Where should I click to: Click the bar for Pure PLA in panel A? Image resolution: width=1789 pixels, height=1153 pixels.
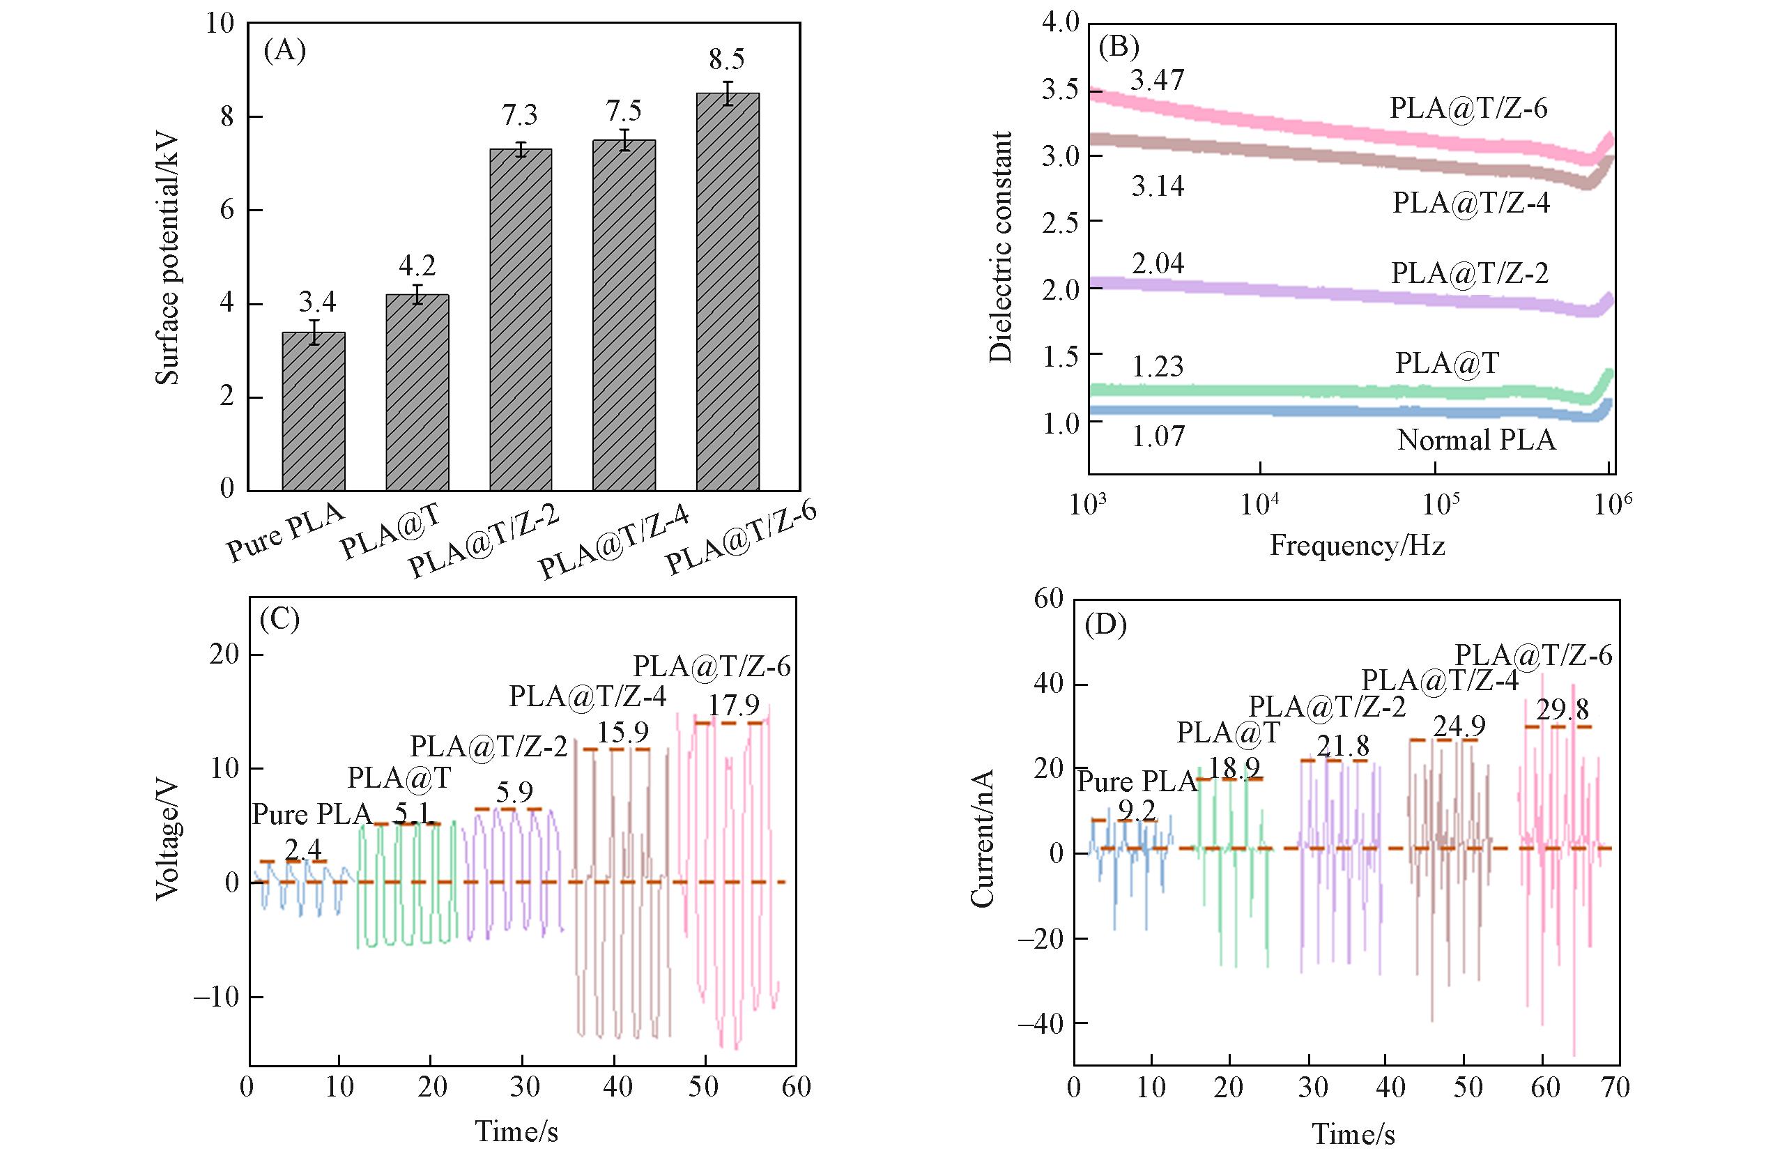pos(314,411)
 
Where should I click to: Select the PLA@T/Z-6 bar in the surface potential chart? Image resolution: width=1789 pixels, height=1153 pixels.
pos(728,292)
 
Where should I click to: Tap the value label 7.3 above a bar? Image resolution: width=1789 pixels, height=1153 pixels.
pos(519,115)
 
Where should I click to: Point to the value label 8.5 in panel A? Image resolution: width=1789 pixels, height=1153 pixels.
pos(726,59)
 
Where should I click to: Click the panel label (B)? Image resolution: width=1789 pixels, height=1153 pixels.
pos(1118,47)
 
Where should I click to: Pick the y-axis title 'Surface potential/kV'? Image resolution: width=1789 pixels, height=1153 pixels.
pos(168,259)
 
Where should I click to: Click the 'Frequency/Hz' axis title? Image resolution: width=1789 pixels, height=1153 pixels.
pos(1356,545)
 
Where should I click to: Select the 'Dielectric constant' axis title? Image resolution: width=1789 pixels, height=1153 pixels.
pos(1000,247)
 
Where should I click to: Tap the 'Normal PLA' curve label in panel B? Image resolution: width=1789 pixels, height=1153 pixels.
pos(1476,441)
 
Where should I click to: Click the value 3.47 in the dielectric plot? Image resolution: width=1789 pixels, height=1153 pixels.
pos(1157,80)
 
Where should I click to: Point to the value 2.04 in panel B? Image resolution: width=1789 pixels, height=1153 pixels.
pos(1157,264)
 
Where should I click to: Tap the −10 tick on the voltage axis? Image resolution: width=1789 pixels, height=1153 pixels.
pos(216,998)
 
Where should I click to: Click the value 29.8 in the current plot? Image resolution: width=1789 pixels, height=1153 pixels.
pos(1563,709)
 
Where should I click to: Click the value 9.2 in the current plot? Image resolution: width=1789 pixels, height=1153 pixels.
pos(1137,810)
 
